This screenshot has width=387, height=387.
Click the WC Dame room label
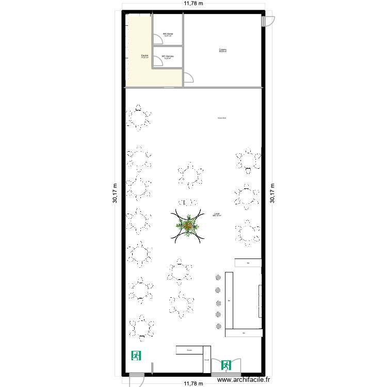click(x=168, y=35)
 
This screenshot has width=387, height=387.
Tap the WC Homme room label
click(x=168, y=57)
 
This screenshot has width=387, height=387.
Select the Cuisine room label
click(x=223, y=51)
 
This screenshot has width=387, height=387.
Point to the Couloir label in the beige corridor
click(x=145, y=56)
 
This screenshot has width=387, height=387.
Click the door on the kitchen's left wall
click(x=189, y=77)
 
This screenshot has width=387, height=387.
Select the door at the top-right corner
click(x=267, y=21)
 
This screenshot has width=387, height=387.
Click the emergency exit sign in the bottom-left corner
click(x=137, y=355)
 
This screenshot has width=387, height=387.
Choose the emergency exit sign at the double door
click(x=225, y=366)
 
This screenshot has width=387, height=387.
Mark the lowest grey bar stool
click(x=218, y=326)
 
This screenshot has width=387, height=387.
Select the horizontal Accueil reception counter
click(x=190, y=350)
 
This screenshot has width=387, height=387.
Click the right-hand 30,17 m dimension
click(x=272, y=194)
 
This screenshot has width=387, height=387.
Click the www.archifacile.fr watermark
click(x=244, y=379)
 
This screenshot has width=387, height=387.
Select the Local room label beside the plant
click(x=217, y=215)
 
